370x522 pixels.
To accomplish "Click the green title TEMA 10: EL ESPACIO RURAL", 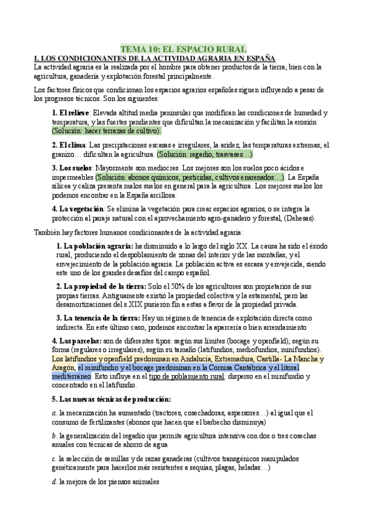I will (183, 49).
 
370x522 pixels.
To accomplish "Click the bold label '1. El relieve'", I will (71, 113).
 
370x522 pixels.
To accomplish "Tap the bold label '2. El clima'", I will (70, 145).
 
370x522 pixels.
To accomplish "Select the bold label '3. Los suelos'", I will (72, 168).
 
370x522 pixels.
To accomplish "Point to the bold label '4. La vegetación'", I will (78, 209).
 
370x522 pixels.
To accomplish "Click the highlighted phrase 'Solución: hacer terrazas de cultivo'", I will (106, 130).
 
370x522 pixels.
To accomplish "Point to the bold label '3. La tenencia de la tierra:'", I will (98, 318).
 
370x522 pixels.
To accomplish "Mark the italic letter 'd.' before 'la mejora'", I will (55, 483).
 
